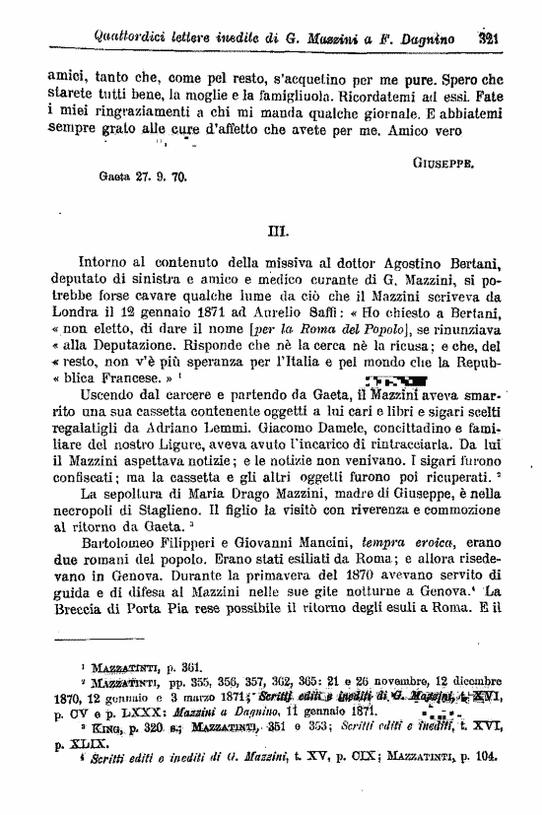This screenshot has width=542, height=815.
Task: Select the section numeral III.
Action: (x=277, y=234)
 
